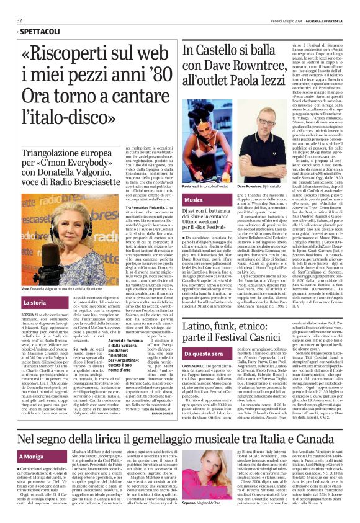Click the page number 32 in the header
point(19,20)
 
